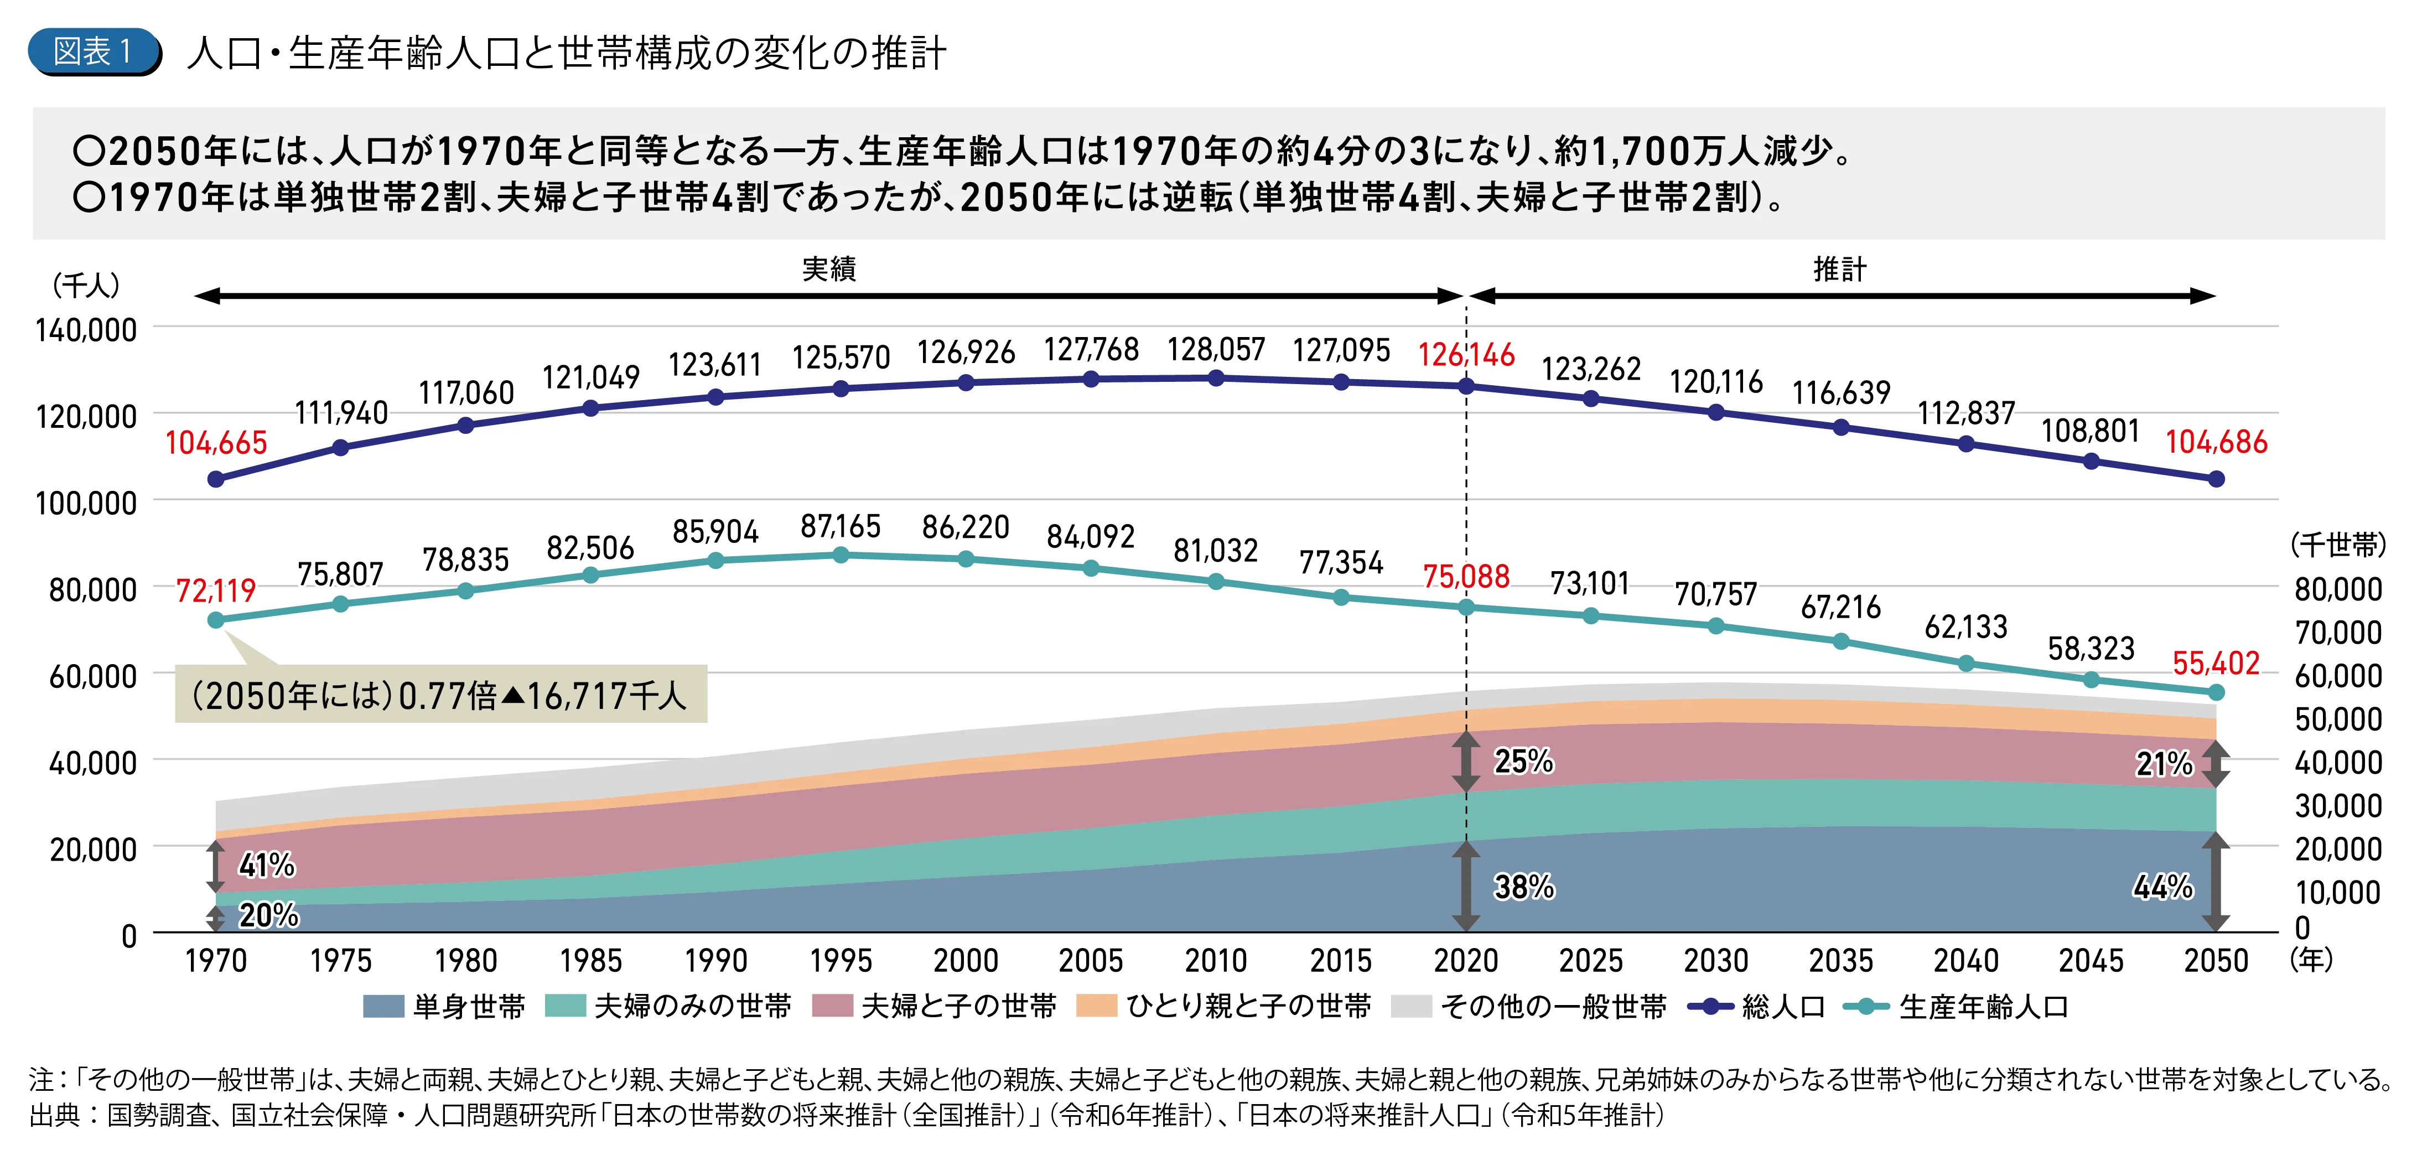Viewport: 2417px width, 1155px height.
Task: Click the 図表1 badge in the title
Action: (x=94, y=51)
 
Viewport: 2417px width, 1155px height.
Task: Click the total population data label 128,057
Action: (x=1216, y=349)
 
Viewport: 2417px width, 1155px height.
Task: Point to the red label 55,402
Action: (x=2215, y=664)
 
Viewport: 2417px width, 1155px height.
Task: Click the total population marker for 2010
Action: (x=1216, y=378)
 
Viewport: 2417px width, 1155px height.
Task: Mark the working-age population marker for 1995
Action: (x=841, y=556)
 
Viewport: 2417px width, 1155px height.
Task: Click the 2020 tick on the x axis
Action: (x=1466, y=961)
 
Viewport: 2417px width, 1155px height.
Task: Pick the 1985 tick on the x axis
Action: (x=591, y=961)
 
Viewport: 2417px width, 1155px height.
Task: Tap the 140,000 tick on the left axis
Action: (x=86, y=330)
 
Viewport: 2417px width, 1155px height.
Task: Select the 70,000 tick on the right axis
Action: (x=2338, y=633)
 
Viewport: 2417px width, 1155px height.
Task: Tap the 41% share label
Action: (x=267, y=865)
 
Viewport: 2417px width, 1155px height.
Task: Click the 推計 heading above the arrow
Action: (x=1840, y=270)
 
